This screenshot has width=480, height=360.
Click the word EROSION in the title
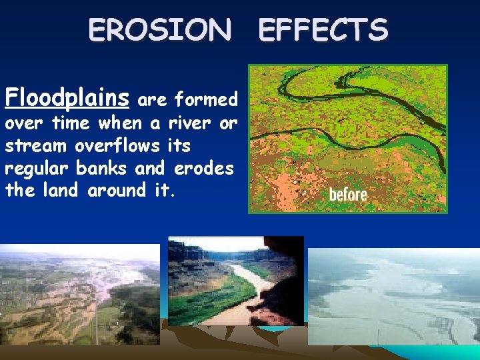[160, 31]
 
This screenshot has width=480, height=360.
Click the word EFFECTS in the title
[323, 31]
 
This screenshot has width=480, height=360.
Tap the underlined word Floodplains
[67, 99]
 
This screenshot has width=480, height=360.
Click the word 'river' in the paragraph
[189, 123]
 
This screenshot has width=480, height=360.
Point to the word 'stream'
[37, 145]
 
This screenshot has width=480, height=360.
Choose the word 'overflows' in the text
[119, 145]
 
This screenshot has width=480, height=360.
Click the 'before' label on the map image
[348, 195]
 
